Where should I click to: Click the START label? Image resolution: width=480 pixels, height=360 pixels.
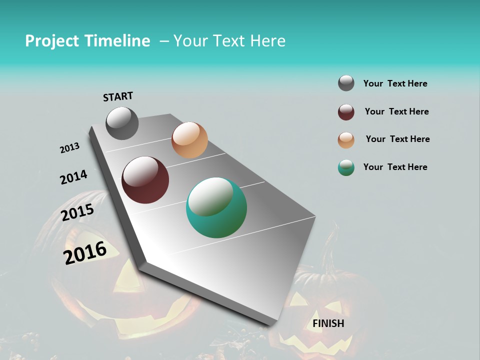[x=118, y=96]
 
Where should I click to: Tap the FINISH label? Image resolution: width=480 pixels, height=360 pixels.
[x=328, y=323]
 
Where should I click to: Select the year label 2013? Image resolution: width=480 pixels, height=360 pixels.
[x=69, y=148]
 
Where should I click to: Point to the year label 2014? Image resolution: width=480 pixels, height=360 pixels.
[x=73, y=177]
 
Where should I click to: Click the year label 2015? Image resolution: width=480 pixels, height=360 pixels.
[x=77, y=213]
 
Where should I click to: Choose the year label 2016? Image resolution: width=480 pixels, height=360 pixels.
[x=85, y=253]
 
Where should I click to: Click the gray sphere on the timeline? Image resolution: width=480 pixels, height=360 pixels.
[x=122, y=123]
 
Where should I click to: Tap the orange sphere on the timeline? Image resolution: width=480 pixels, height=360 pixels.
[x=189, y=140]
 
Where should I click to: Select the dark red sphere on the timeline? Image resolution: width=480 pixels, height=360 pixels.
[x=145, y=180]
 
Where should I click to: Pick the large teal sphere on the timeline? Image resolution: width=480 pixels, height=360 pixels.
[x=216, y=207]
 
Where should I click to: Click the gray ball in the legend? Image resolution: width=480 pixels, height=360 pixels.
[x=346, y=83]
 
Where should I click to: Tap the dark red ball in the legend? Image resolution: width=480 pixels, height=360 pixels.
[x=346, y=112]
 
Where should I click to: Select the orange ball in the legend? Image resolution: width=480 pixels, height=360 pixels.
[x=346, y=140]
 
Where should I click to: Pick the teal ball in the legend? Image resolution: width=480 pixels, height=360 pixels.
[x=346, y=167]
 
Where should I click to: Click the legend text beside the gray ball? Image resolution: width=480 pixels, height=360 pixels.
[x=395, y=83]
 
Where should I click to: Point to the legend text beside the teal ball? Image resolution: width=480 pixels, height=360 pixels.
[x=395, y=167]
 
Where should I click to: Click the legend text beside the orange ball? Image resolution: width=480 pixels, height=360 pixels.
[x=397, y=139]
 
